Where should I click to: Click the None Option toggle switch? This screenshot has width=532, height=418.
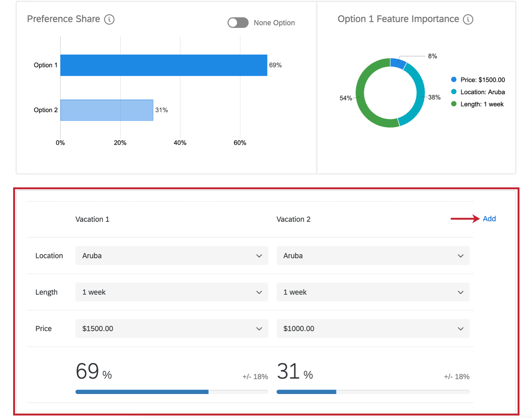pos(238,23)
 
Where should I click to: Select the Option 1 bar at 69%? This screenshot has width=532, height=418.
pos(163,65)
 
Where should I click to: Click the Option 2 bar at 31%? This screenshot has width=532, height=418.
pos(106,110)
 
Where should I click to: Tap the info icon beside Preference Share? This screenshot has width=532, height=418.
pos(109,19)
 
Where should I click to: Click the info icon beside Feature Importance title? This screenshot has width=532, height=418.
pos(468,19)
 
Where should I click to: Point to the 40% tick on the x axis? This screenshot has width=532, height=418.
pos(180,143)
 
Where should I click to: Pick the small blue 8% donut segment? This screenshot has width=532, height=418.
pos(398,63)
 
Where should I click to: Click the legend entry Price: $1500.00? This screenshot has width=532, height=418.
pos(482,80)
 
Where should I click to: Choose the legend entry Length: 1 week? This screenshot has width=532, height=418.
pos(482,104)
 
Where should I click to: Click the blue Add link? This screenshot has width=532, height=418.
pos(489,219)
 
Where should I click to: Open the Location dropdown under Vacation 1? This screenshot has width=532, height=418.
pos(171,256)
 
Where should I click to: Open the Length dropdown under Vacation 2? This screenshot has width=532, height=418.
pos(373,292)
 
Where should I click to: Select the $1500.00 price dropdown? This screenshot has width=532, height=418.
pos(171,328)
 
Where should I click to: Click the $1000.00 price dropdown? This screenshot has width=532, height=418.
pos(373,328)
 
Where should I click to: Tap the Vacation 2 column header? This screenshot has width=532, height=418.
pos(293,219)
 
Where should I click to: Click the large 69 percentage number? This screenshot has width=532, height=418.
pos(87,371)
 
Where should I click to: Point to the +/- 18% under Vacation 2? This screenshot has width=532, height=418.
pos(457,377)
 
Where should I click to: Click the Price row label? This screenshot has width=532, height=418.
pos(43,328)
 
